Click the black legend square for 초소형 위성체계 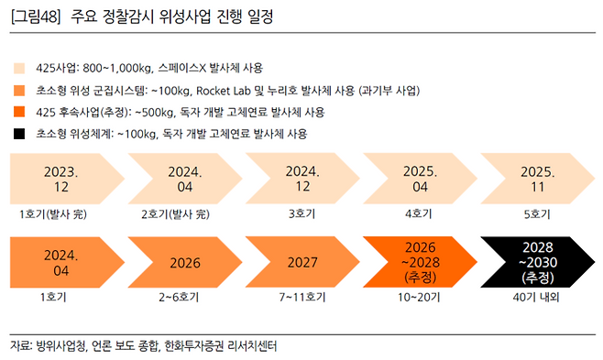point(18,134)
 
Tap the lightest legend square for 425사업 point(18,68)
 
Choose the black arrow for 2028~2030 point(536,262)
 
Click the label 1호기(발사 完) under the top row point(55,214)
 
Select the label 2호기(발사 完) point(176,214)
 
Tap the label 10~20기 point(418,298)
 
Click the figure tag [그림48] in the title point(35,17)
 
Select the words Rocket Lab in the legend point(223,90)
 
